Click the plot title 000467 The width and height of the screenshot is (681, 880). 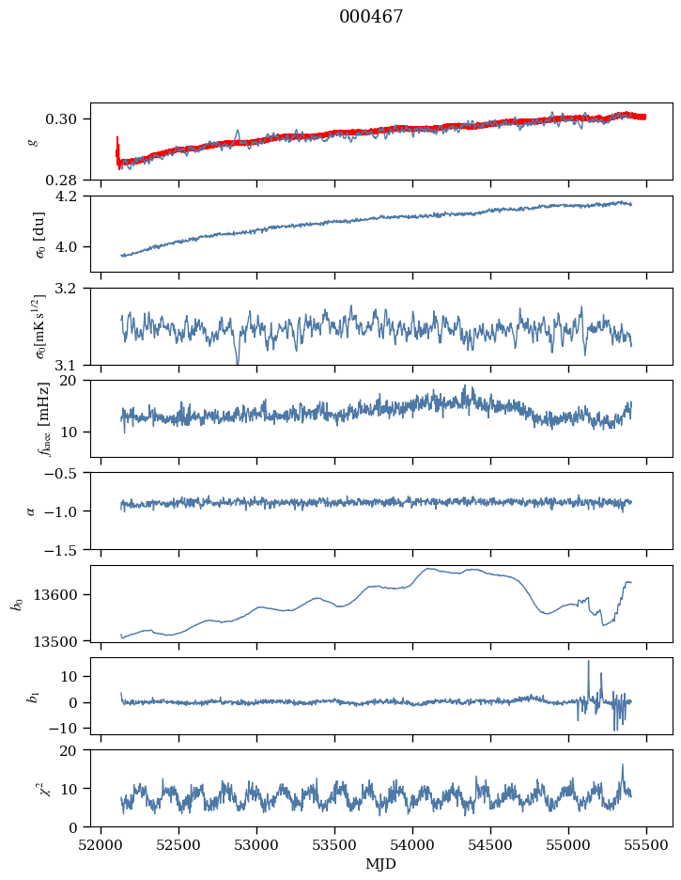371,17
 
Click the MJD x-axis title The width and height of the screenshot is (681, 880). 380,863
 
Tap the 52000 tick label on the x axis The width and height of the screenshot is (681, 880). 101,843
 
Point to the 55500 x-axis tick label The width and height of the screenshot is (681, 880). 646,843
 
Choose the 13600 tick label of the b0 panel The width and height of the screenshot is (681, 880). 62,594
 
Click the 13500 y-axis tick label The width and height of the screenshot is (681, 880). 62,641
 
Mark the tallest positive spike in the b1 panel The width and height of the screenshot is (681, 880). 589,662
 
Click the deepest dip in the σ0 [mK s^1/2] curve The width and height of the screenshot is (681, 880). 237,363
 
